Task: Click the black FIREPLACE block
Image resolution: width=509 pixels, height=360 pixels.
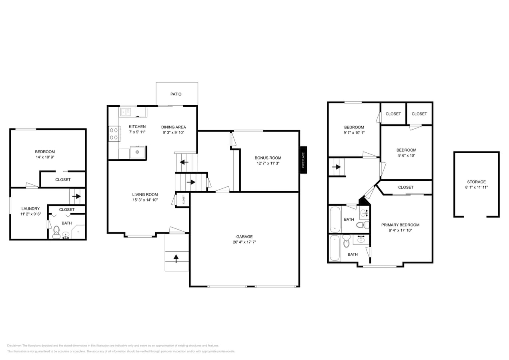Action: tap(303, 160)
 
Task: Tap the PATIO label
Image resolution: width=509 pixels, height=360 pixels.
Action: tap(176, 94)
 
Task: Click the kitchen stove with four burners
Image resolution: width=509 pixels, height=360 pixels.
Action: tap(114, 134)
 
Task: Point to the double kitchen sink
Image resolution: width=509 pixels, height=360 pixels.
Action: tap(126, 112)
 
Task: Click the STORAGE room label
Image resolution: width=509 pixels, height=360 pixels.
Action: tap(476, 182)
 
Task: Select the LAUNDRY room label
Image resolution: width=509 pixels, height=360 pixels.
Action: tap(30, 209)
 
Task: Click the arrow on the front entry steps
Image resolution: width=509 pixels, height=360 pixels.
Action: tap(176, 258)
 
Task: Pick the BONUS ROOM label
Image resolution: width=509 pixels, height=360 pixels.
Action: tap(268, 158)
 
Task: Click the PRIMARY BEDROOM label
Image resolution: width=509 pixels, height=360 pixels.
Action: tap(400, 225)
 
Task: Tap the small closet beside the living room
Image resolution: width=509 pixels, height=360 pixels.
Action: tap(183, 199)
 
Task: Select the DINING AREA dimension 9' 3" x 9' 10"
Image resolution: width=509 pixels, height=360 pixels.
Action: tap(173, 132)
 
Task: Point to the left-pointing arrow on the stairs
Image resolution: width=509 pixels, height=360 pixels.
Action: tap(184, 162)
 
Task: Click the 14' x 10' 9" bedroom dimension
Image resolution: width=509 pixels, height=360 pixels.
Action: tap(45, 157)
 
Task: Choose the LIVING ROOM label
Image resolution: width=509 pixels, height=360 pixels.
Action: tap(145, 195)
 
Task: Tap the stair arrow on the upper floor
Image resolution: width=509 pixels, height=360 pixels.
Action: tap(337, 167)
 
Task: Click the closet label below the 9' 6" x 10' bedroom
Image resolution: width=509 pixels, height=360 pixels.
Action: tap(406, 187)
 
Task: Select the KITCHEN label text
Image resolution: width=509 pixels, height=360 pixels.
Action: tap(137, 127)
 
